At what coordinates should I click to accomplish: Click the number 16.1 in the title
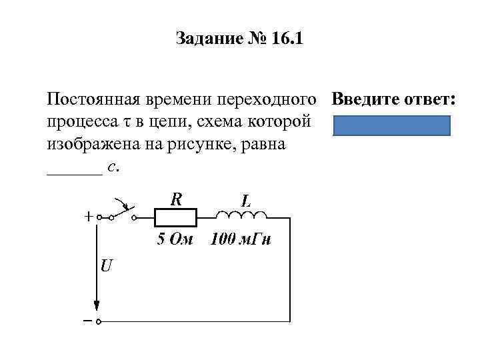tap(285, 39)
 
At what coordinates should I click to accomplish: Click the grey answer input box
tap(391, 125)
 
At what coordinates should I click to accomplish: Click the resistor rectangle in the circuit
tap(175, 217)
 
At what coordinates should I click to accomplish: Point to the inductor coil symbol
tap(241, 215)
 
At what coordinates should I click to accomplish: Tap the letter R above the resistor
tap(177, 199)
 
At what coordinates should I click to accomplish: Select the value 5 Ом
tap(175, 239)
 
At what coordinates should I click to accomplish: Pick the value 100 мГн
tap(240, 239)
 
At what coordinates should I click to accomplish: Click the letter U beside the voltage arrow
tap(107, 266)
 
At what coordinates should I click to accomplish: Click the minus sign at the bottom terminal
tap(87, 321)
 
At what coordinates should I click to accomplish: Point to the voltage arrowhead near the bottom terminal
tap(97, 305)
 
